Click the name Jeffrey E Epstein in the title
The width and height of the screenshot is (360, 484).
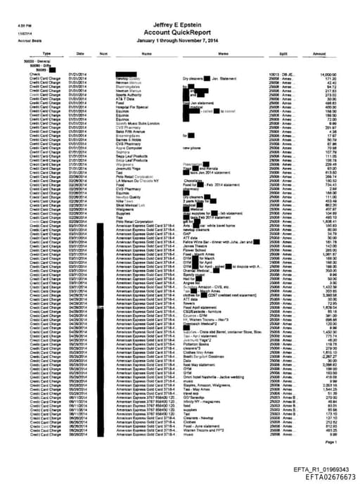(x=181, y=24)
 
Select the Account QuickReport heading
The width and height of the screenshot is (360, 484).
(x=181, y=32)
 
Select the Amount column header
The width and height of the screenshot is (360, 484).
(x=319, y=53)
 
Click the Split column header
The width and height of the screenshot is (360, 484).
(x=283, y=53)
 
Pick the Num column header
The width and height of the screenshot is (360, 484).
(x=103, y=53)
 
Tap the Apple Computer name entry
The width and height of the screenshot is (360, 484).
(x=128, y=148)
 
